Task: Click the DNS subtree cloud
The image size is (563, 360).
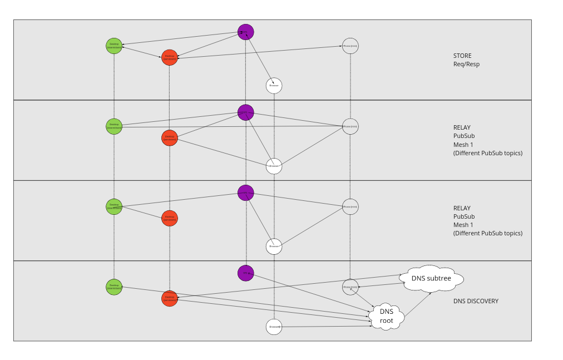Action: (x=431, y=278)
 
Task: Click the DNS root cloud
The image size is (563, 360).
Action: (x=386, y=316)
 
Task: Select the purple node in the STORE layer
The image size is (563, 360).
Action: (x=245, y=32)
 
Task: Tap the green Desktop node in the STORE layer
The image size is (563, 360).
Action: (x=114, y=46)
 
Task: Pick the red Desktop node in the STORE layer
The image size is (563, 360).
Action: (x=170, y=57)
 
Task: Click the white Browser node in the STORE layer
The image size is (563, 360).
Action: (x=274, y=86)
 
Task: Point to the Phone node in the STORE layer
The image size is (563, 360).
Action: (x=350, y=46)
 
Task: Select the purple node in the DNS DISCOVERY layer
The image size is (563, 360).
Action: (x=245, y=273)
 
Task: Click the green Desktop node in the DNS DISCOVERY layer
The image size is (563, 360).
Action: (x=114, y=287)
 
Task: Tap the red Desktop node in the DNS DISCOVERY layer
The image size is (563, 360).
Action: (x=170, y=298)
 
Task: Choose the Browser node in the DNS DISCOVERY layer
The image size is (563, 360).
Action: (x=274, y=327)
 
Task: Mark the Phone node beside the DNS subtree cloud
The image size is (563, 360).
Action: (x=350, y=287)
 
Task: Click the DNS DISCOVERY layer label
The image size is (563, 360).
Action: (x=476, y=301)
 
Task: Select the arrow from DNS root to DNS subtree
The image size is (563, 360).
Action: (x=417, y=305)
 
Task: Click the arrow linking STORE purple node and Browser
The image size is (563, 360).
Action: (x=259, y=58)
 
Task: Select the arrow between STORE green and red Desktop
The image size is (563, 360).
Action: (x=142, y=52)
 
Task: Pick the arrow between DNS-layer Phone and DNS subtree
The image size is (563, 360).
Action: (x=381, y=285)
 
